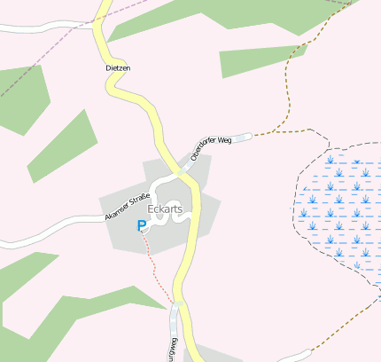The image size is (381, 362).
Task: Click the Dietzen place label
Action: point(117,67)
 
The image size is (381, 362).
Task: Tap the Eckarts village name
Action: point(165,209)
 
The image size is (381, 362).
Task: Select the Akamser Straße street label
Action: point(126,204)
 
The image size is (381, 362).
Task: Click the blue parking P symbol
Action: point(141,226)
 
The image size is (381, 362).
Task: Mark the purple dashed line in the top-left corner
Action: point(35,67)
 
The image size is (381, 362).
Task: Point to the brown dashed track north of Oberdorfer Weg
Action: point(285,98)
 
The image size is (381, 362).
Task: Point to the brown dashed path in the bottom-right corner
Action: point(346,330)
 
